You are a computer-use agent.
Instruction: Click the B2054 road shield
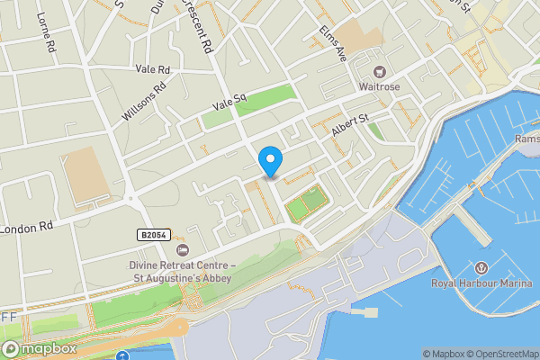click(153, 234)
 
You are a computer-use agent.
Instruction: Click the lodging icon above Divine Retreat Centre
click(183, 249)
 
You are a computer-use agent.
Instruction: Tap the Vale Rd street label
click(152, 69)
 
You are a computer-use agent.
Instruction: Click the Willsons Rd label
click(145, 103)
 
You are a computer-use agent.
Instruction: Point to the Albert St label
click(351, 125)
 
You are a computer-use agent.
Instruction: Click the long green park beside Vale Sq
click(250, 104)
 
